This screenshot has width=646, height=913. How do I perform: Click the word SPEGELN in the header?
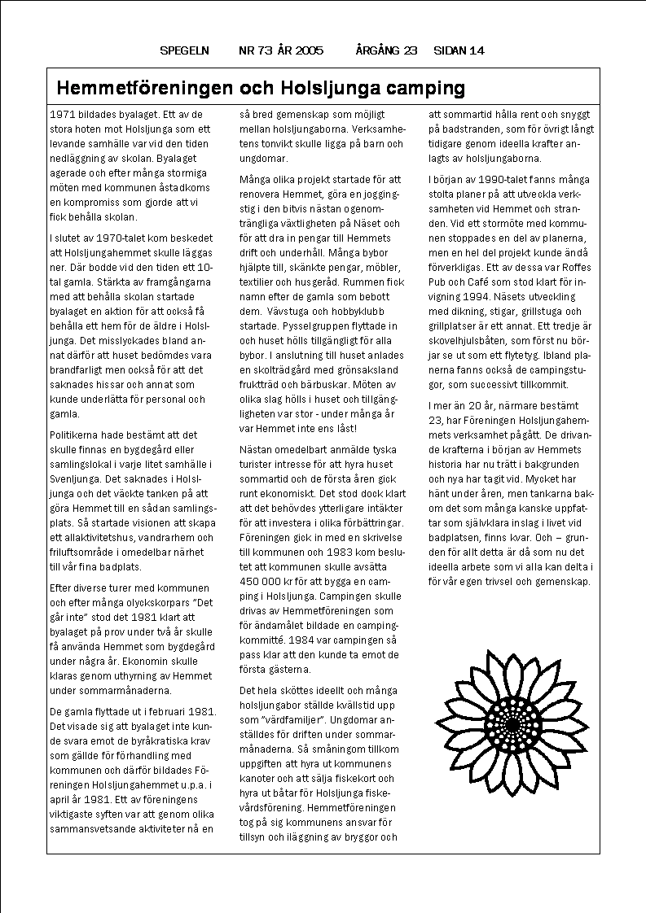(x=185, y=50)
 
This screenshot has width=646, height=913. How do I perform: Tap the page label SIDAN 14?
(x=459, y=50)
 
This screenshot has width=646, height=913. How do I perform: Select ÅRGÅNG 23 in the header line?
(x=386, y=50)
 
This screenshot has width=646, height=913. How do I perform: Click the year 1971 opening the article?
(x=62, y=114)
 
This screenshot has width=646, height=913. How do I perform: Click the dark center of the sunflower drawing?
(x=512, y=723)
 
